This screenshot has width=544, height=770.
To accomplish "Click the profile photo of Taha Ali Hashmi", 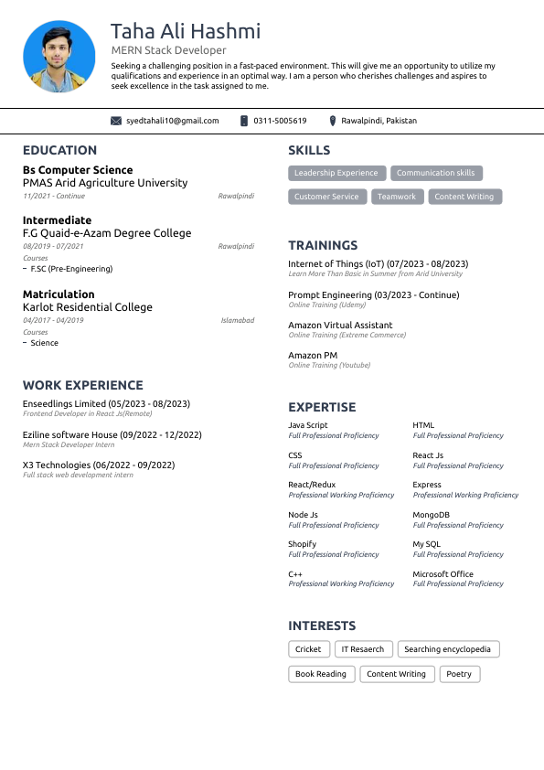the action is tap(59, 58).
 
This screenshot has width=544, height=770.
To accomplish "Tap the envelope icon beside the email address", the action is tap(116, 121).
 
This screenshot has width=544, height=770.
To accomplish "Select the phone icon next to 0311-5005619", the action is tap(244, 121).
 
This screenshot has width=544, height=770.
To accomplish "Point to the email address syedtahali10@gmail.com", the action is tap(173, 121).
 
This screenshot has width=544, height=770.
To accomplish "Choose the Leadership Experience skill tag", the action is tap(336, 173).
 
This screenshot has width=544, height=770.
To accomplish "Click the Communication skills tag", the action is tap(435, 173).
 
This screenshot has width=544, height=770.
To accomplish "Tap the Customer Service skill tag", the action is tap(326, 197).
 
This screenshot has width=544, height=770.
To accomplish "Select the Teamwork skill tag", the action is tap(397, 197).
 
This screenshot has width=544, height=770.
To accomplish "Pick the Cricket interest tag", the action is tap(308, 649).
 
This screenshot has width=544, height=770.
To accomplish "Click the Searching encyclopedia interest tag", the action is tap(448, 649).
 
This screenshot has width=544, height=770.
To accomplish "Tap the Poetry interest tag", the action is tap(459, 674).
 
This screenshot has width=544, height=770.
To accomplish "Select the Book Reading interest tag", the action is tap(320, 674).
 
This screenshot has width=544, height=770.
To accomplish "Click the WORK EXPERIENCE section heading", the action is tap(82, 385).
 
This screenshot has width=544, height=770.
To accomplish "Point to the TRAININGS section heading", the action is tap(323, 245).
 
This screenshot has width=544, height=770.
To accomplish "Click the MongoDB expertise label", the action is tap(431, 515).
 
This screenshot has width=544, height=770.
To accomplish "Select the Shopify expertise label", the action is tap(302, 544).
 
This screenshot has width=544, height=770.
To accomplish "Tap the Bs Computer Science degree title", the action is tap(78, 170).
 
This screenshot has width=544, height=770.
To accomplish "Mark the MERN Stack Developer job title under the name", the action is tap(168, 50).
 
